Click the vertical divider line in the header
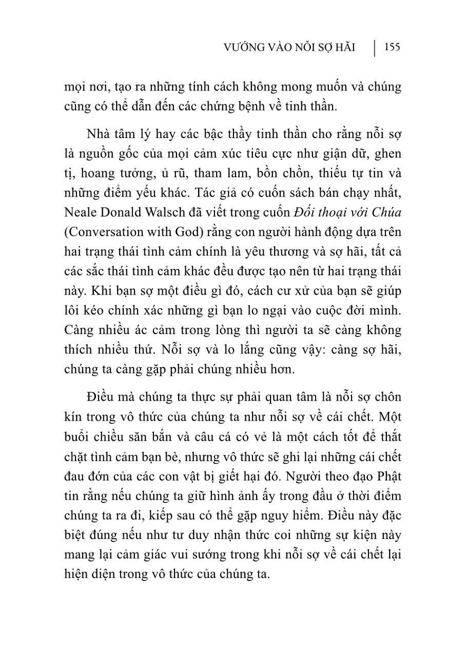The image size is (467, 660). [374, 48]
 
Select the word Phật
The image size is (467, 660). [388, 476]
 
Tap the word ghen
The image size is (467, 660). [388, 154]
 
